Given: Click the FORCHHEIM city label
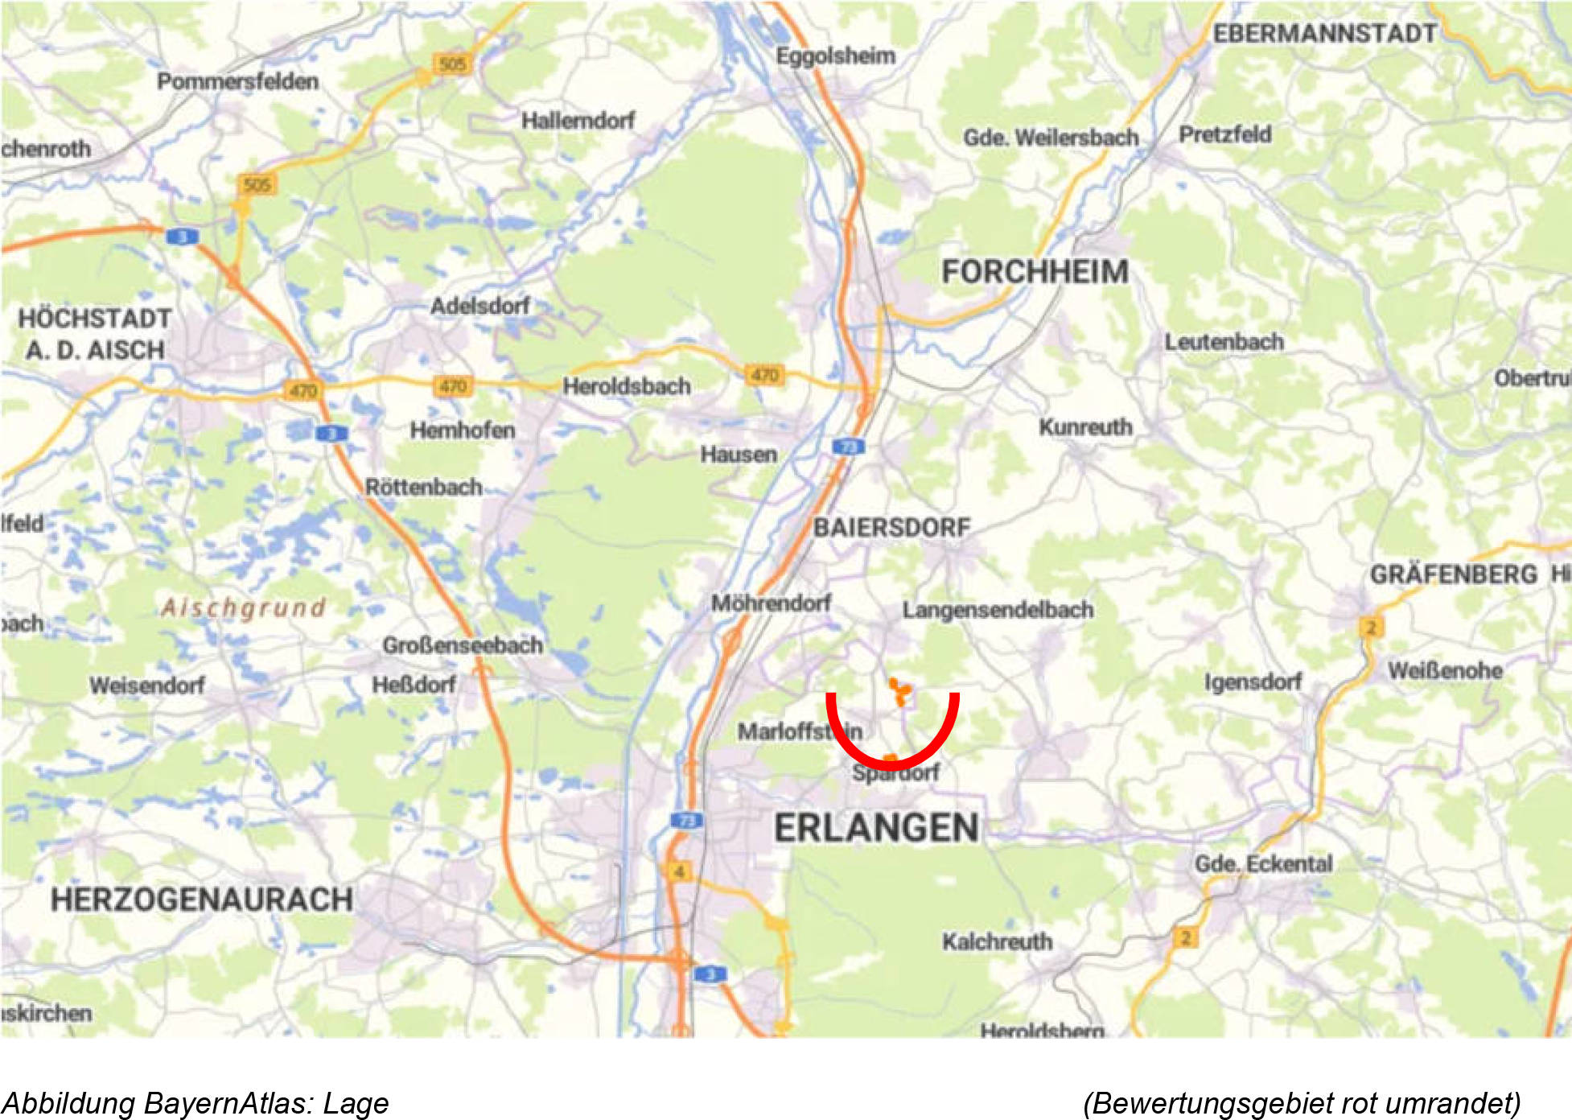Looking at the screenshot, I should point(1035,272).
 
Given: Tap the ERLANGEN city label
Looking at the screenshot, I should point(876,828).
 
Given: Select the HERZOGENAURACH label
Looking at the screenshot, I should point(201,900).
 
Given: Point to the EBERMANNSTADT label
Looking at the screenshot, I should point(1324,34).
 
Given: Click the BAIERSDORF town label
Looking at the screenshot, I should point(891,528).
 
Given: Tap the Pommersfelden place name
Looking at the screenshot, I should point(237,81).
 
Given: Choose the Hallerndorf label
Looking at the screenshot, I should point(578,121).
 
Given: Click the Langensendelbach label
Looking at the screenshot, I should point(998,610).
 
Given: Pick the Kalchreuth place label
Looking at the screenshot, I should point(997,941).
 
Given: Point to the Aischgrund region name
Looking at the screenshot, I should point(244,607).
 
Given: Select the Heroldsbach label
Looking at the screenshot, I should point(627,386).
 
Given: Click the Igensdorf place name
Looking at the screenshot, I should point(1253,682).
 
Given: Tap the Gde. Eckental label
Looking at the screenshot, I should point(1263,864).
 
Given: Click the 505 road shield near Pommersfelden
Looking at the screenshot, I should point(453,64).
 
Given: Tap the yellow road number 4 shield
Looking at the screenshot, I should point(680,871).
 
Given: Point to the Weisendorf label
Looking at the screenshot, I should point(146,686).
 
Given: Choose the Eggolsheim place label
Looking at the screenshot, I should point(835,56).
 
